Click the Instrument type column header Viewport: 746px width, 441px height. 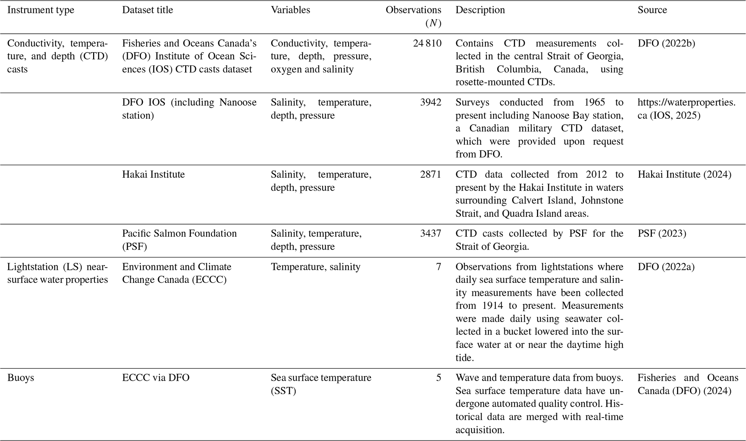(x=41, y=10)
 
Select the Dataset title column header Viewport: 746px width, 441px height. (x=147, y=10)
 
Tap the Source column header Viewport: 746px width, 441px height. (x=652, y=10)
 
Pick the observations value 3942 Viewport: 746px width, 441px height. (x=431, y=102)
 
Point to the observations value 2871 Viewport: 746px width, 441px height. (x=431, y=175)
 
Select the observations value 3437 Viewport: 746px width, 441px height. (x=431, y=233)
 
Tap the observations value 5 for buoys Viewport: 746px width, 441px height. (x=438, y=378)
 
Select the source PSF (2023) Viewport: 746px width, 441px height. (x=662, y=233)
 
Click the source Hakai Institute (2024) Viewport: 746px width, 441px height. (x=684, y=175)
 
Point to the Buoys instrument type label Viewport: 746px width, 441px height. (x=21, y=378)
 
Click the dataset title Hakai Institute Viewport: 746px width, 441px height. (x=153, y=175)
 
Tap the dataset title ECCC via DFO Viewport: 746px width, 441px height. (x=156, y=378)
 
